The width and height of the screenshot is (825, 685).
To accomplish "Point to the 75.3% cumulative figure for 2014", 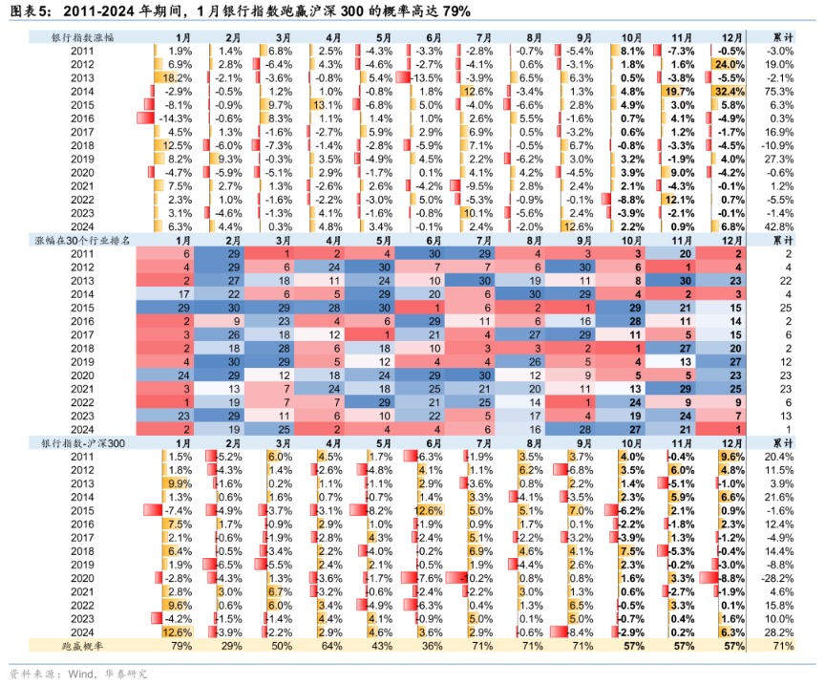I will (782, 91).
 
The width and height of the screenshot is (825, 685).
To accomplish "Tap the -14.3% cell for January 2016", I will (180, 118).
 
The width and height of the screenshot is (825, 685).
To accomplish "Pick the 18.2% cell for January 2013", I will (180, 77).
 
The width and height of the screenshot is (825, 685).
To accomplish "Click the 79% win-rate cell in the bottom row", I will (180, 646).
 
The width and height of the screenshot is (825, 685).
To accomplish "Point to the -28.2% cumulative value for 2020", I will (781, 578).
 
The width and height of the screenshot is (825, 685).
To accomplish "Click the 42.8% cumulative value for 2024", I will (782, 226).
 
